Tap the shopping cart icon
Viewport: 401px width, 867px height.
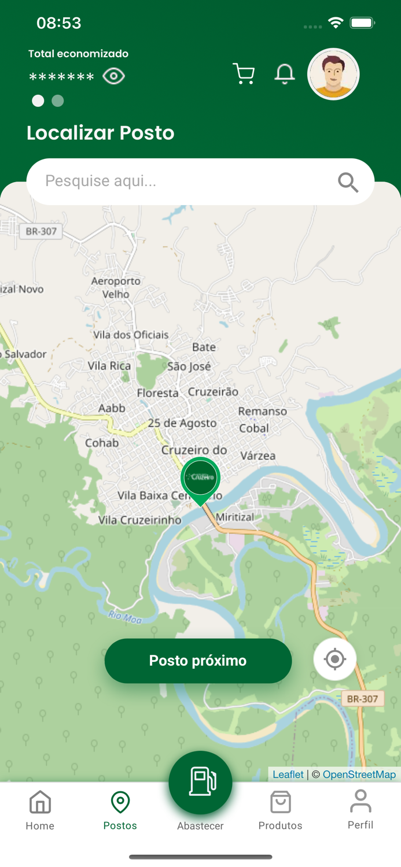pos(244,74)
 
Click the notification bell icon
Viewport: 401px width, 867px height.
pos(284,74)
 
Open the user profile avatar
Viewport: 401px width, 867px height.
pos(333,75)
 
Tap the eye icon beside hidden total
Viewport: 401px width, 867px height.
pos(113,76)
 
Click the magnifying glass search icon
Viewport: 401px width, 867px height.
pos(348,182)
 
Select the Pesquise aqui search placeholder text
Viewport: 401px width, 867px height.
pos(101,181)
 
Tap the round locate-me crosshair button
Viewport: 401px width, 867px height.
pos(334,659)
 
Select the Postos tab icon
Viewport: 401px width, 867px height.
pos(120,803)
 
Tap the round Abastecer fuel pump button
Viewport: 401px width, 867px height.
pos(200,782)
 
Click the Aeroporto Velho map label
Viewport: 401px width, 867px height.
pos(116,287)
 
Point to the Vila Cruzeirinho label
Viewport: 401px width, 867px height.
pos(140,520)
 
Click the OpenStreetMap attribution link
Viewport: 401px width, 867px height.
pos(359,775)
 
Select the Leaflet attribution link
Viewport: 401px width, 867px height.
pos(288,775)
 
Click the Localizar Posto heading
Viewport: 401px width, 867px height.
pos(101,133)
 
